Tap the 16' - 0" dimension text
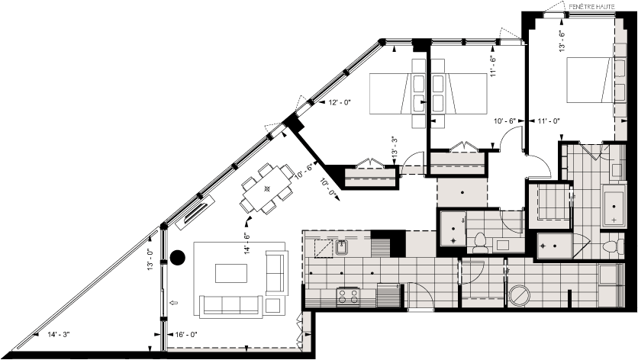(x=185, y=334)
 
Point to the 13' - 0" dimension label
(x=150, y=260)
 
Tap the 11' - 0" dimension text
(x=549, y=121)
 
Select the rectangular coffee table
(x=231, y=272)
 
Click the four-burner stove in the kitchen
(x=349, y=294)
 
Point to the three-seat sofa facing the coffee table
(x=230, y=305)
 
